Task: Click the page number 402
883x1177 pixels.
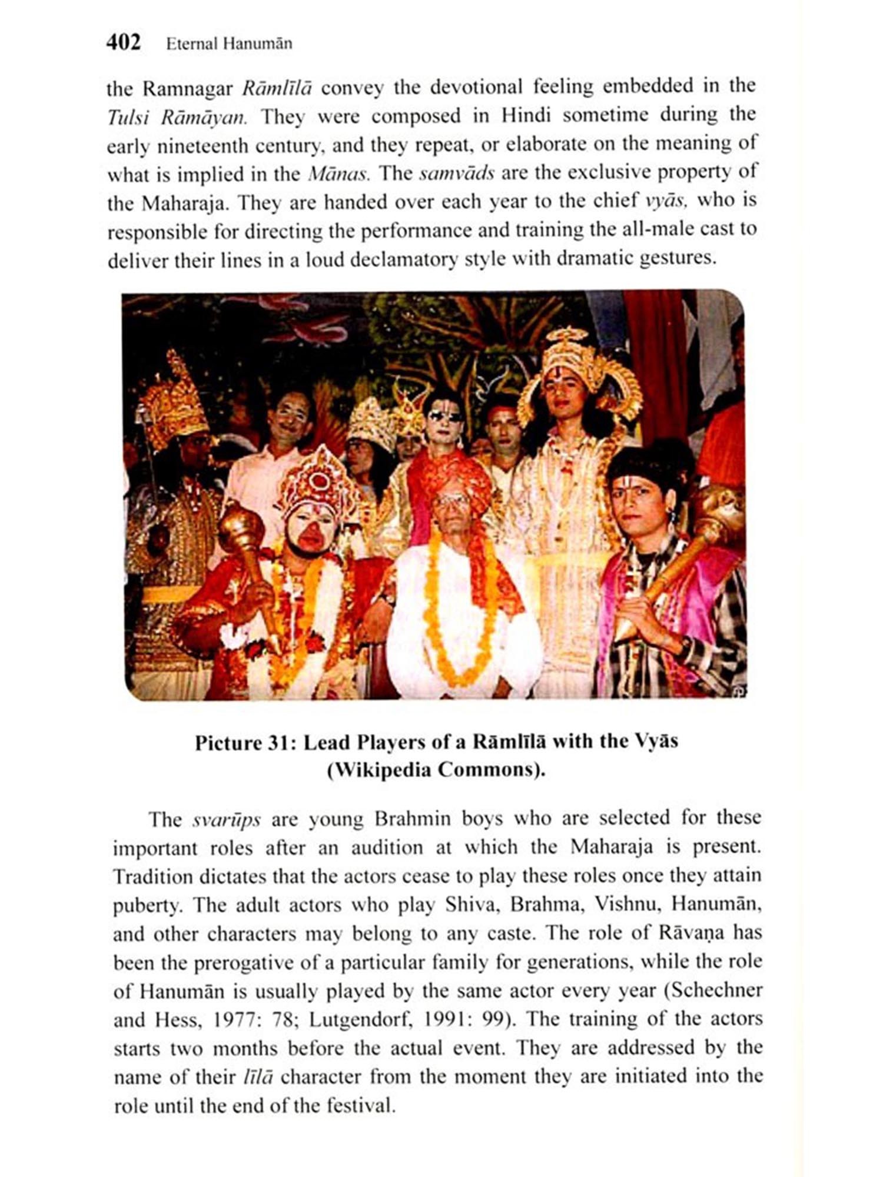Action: point(124,43)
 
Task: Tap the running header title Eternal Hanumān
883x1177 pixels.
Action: point(229,44)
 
